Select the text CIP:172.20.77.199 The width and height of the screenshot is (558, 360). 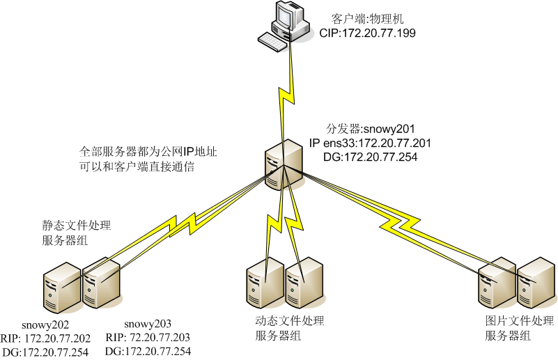[x=367, y=33]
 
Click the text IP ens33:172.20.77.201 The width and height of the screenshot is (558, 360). [x=370, y=143]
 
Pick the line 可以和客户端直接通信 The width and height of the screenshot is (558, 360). [x=137, y=167]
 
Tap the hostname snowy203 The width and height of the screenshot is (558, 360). [x=148, y=324]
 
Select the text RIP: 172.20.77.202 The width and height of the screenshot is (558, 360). [x=47, y=338]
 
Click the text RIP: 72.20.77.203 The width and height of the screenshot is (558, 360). [x=147, y=338]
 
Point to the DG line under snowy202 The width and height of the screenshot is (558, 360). [x=47, y=352]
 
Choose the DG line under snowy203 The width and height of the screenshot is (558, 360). [x=148, y=352]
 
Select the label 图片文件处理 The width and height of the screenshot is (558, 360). [x=519, y=322]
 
